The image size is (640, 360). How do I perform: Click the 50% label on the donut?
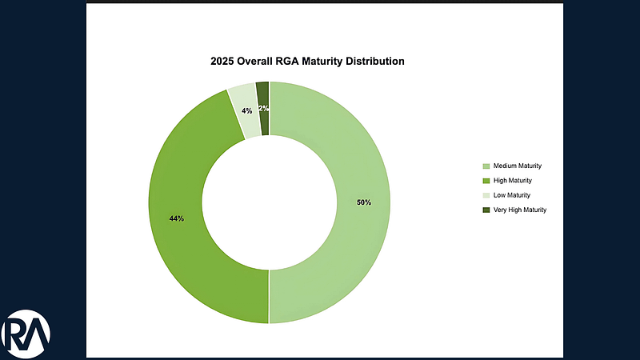[x=364, y=202]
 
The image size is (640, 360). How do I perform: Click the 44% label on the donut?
[x=176, y=218]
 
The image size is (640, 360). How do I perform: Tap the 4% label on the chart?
[x=246, y=110]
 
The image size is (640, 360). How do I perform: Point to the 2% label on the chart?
[x=263, y=108]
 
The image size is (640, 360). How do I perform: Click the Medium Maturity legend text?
[x=518, y=166]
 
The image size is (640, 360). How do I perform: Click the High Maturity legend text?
[x=514, y=180]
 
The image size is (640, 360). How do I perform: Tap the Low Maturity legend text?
[x=512, y=195]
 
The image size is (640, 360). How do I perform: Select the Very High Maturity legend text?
[x=520, y=210]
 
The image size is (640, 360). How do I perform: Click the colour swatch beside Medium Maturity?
[x=486, y=166]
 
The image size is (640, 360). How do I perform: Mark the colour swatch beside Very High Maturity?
[x=486, y=210]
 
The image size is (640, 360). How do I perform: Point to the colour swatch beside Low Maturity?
[x=486, y=195]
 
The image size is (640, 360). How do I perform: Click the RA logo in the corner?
[x=26, y=332]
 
